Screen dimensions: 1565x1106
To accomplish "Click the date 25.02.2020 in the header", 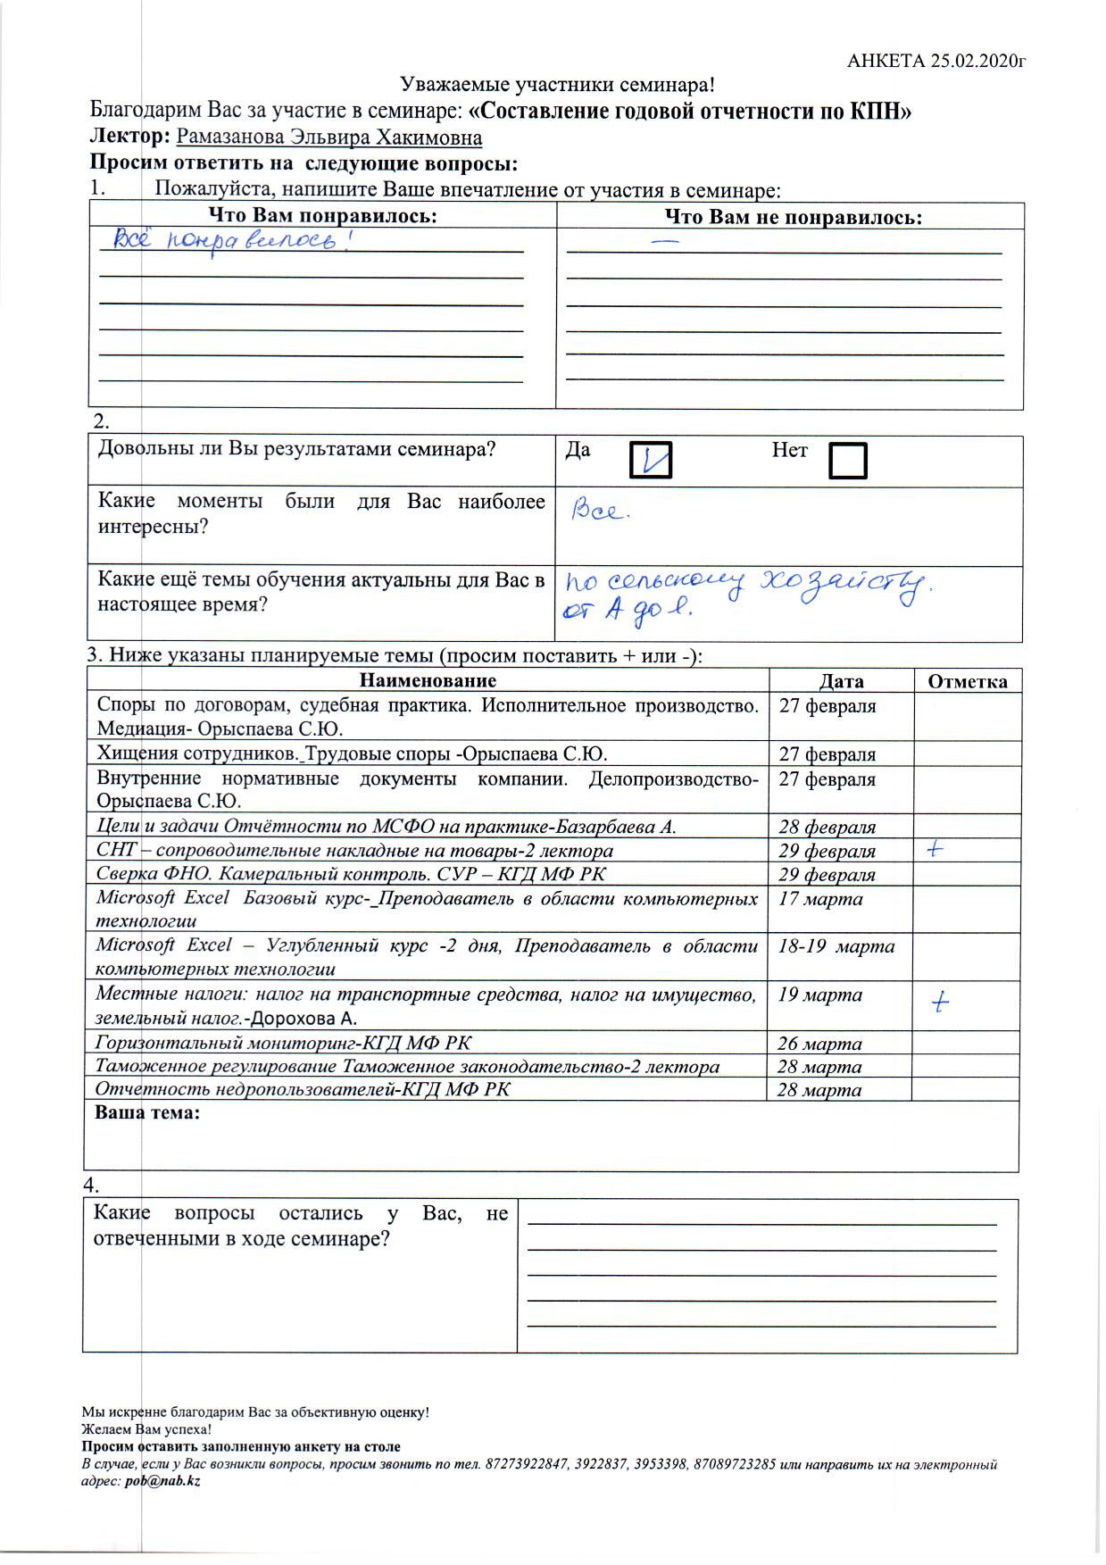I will click(977, 61).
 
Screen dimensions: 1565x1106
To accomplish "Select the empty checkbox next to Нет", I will click(847, 460).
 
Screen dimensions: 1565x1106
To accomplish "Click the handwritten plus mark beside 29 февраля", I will click(935, 849).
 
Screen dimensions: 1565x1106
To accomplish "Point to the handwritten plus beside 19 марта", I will click(938, 1003).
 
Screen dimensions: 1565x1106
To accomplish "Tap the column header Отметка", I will click(968, 682).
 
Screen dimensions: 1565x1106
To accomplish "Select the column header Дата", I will click(841, 682).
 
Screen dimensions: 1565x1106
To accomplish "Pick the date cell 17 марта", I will click(820, 899).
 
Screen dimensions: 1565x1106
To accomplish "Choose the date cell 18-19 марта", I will click(836, 946).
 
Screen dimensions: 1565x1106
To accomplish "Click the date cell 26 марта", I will click(819, 1044).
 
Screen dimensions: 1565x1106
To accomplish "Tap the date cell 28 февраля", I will click(827, 827).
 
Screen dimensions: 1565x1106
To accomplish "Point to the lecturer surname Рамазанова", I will click(228, 137).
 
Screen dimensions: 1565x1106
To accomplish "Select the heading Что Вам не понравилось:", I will click(794, 217).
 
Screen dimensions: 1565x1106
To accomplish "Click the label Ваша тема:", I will click(147, 1113).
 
